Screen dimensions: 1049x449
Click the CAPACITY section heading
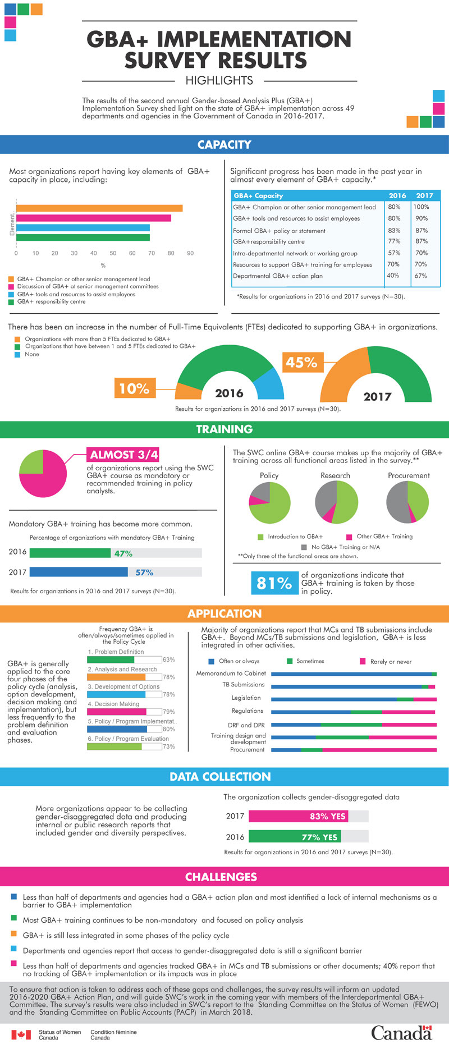point(224,145)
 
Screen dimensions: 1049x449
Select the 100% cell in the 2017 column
point(421,207)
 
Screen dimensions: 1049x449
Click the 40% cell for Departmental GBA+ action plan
point(393,276)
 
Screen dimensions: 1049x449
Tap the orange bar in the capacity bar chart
point(99,208)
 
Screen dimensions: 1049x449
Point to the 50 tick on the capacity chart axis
point(113,253)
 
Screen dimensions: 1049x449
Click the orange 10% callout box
point(134,388)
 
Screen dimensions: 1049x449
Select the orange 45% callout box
point(301,363)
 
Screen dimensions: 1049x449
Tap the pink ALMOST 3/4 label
point(124,455)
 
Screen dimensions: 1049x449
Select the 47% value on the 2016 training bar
point(123,553)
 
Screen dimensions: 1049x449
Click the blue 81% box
point(274,583)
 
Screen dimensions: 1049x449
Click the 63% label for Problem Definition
point(168,659)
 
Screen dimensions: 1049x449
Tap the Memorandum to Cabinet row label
point(231,673)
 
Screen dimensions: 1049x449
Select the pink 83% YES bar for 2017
point(298,816)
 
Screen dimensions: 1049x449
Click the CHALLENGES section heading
point(221,877)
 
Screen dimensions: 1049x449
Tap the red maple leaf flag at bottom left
point(21,1034)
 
